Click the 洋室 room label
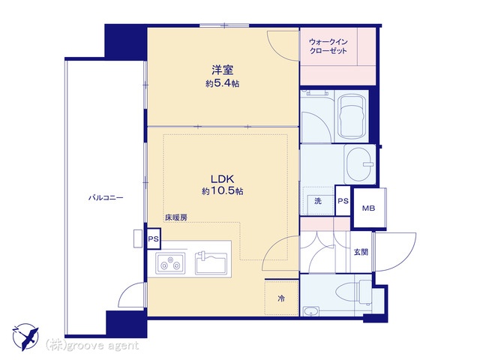tap(223, 70)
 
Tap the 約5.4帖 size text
tap(223, 83)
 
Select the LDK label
tap(223, 178)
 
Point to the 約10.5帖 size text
tap(223, 191)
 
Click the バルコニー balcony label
tap(106, 198)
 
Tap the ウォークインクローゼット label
tap(328, 46)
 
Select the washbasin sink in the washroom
tap(360, 164)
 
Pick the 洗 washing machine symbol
tap(318, 201)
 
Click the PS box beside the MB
tap(343, 201)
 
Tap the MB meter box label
tap(368, 208)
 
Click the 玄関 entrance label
tap(361, 252)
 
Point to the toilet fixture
tap(354, 291)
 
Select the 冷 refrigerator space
tap(282, 298)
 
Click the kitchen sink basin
tap(211, 262)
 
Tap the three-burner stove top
tap(170, 263)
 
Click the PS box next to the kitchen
tap(153, 238)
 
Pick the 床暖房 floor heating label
tap(176, 217)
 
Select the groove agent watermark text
tap(92, 345)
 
